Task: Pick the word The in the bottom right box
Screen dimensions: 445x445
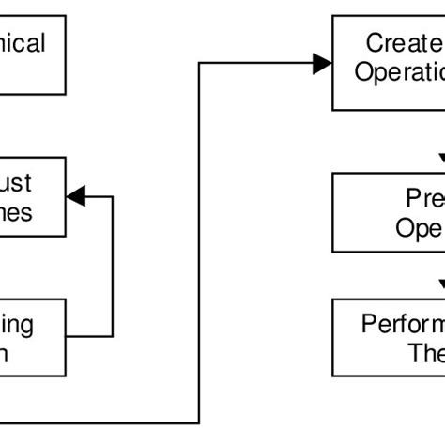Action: click(x=422, y=353)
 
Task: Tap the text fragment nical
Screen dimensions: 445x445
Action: click(x=23, y=44)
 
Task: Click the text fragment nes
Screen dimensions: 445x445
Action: click(x=16, y=212)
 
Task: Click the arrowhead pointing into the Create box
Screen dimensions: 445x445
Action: click(x=322, y=64)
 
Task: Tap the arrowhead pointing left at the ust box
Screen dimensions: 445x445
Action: click(x=76, y=195)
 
